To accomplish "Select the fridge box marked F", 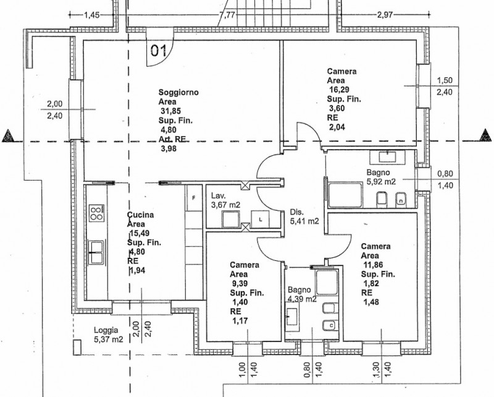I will tap(193, 198).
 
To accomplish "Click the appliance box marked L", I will tap(262, 219).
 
